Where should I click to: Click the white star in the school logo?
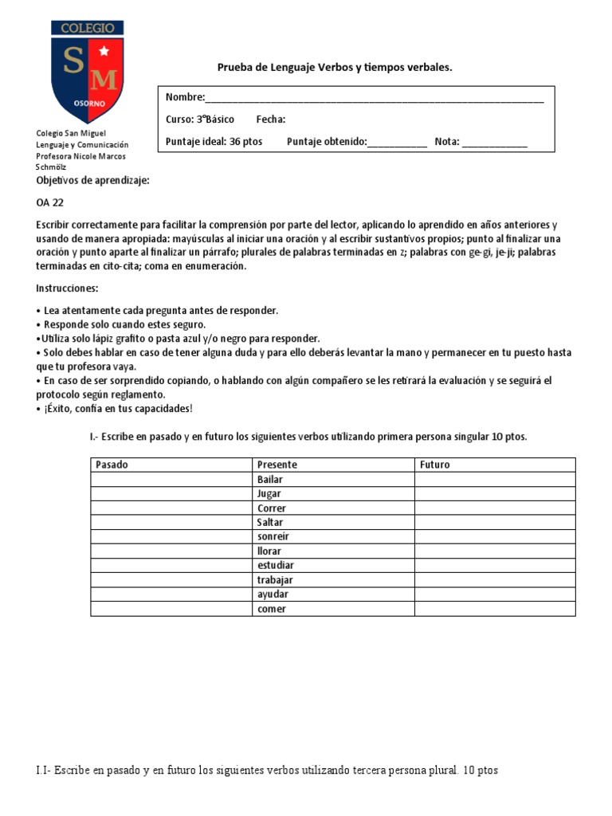(x=103, y=52)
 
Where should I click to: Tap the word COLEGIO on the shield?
(x=88, y=28)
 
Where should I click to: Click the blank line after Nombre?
(x=375, y=98)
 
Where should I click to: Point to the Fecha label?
(x=270, y=120)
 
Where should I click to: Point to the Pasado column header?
(x=112, y=465)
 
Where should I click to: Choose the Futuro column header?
(x=434, y=465)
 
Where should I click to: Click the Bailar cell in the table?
(x=270, y=480)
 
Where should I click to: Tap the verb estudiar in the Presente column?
(x=275, y=566)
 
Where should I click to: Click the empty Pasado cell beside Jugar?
(x=171, y=494)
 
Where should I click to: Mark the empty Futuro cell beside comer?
(x=494, y=610)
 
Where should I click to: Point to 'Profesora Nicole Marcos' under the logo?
(x=80, y=156)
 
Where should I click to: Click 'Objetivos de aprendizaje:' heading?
(x=92, y=181)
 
